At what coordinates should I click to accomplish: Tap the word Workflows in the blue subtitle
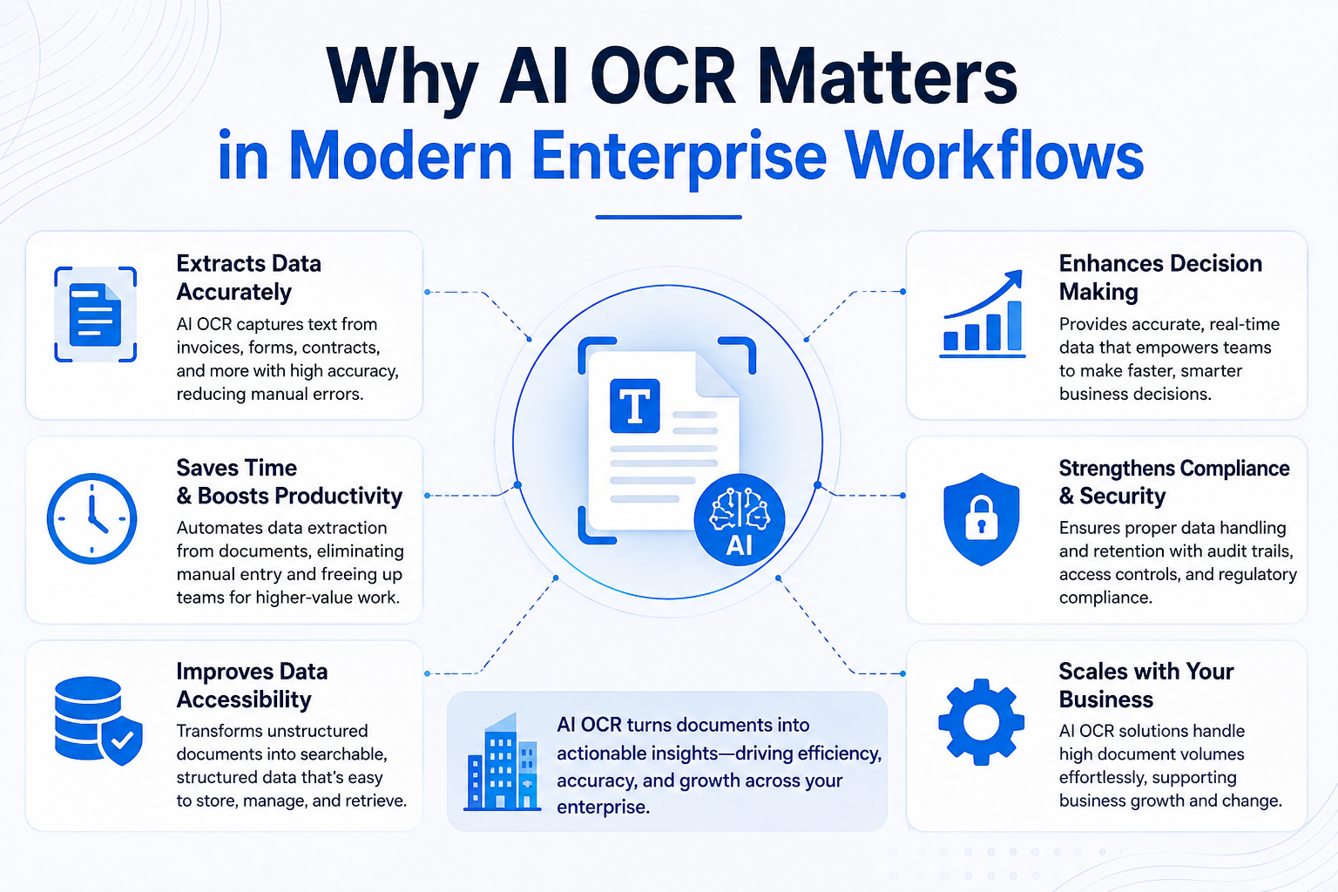(993, 156)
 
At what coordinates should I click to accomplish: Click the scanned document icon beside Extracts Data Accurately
(96, 314)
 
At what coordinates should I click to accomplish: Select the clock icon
(92, 518)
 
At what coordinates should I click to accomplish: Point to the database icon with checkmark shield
(98, 720)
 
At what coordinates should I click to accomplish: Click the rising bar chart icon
(982, 314)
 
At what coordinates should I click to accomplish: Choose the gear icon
(982, 722)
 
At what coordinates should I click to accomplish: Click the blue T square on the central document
(634, 405)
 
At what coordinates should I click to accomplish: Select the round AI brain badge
(740, 519)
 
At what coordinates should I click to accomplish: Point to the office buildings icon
(503, 761)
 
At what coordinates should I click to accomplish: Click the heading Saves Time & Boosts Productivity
(289, 482)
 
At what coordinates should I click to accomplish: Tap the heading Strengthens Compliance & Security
(1174, 482)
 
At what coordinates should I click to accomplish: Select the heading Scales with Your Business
(1146, 686)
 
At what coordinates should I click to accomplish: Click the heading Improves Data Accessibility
(252, 686)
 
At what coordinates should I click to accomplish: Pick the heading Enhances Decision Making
(1160, 277)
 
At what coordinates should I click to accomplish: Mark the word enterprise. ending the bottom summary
(604, 808)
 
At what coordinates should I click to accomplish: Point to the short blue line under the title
(668, 217)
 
